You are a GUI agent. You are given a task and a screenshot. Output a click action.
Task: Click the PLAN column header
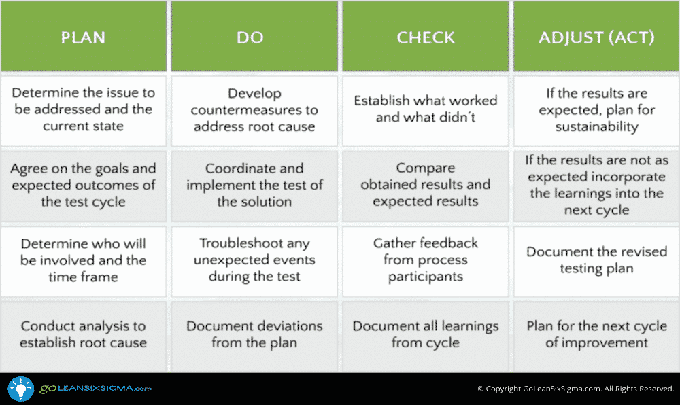pos(84,37)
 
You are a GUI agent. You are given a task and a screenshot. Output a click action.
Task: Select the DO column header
pos(254,37)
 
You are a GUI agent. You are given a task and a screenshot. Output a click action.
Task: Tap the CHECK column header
pos(426,37)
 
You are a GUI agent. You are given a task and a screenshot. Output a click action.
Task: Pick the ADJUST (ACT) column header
pos(596,37)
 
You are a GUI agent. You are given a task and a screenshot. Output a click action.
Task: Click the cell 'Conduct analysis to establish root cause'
pos(84,334)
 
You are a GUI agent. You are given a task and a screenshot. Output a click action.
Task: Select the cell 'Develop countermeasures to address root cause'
pos(254,111)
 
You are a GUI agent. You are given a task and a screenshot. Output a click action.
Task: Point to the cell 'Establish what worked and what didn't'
pos(426,111)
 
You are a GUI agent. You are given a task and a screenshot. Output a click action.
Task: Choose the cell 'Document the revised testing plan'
pos(596,261)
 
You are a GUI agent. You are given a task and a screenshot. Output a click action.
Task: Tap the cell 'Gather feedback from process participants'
pos(426,261)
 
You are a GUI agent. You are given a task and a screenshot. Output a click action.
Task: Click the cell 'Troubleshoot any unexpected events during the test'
pos(254,261)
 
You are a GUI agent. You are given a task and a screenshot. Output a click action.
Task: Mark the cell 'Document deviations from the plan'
pos(254,334)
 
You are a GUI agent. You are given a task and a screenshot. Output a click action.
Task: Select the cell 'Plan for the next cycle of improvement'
pos(596,334)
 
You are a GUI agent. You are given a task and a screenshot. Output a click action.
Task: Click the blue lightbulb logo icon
pos(21,389)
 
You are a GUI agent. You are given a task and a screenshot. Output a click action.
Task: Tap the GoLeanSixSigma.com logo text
pos(95,389)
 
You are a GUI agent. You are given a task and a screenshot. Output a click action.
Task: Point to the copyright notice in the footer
pos(576,389)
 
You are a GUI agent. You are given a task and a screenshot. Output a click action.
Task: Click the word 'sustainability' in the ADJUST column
pos(597,126)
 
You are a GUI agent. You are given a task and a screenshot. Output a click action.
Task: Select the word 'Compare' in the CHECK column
pos(426,168)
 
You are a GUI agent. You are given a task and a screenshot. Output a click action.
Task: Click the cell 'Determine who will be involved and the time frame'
pos(84,261)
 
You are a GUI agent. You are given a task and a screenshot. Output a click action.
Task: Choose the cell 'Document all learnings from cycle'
pos(426,334)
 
